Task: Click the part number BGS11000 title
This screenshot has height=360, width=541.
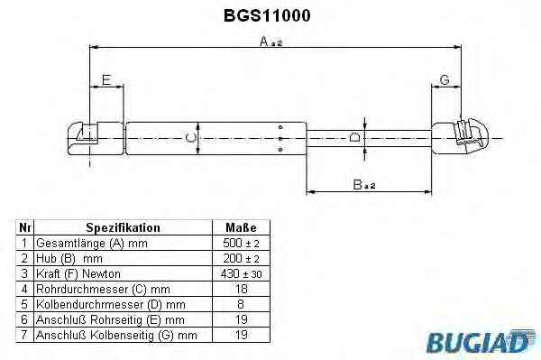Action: tap(267, 15)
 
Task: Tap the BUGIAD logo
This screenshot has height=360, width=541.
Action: tap(481, 342)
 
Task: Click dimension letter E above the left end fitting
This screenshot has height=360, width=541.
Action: tap(106, 79)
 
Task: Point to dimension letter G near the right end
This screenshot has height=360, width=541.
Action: tap(445, 79)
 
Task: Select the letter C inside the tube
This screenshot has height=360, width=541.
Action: tap(191, 138)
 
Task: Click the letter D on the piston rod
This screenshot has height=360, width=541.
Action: tap(354, 137)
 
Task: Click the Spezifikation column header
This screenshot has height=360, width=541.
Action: tap(123, 227)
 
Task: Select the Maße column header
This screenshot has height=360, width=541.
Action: tap(241, 227)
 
